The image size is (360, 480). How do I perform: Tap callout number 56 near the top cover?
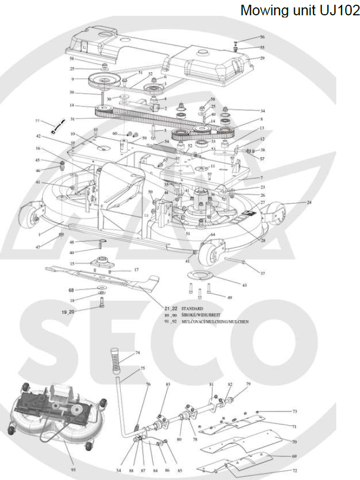(x=262, y=37)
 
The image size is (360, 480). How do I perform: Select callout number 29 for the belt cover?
(x=262, y=58)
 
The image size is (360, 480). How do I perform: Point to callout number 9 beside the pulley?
(x=72, y=80)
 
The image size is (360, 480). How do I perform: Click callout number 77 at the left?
(x=37, y=121)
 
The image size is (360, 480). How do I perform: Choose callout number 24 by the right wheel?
(x=309, y=202)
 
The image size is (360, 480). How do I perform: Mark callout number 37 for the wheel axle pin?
(x=262, y=273)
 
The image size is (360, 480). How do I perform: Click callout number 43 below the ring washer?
(x=244, y=285)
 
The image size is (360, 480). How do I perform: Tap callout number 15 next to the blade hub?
(x=72, y=263)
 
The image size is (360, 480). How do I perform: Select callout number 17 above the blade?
(x=135, y=270)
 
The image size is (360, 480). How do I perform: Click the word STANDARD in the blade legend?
(x=192, y=308)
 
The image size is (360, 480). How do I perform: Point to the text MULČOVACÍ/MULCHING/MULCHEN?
(x=215, y=321)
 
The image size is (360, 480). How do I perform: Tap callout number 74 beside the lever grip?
(x=138, y=352)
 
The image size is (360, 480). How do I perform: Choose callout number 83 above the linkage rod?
(x=168, y=386)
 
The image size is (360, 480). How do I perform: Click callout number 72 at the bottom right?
(x=295, y=469)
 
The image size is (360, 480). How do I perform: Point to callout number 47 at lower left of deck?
(x=37, y=247)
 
